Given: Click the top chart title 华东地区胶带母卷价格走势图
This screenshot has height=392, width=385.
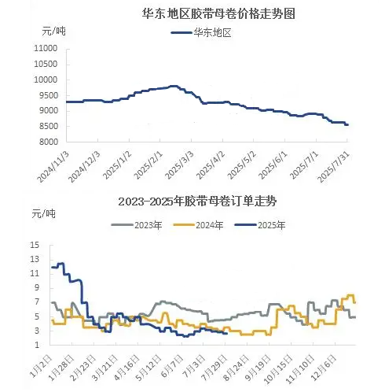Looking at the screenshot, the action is (218, 13).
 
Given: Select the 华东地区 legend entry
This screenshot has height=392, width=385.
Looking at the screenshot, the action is (201, 33).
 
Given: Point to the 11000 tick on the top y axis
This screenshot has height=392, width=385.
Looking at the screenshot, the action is (46, 48).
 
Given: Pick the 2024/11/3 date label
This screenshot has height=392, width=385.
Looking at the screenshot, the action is (53, 167).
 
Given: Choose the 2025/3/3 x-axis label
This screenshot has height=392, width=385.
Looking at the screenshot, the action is (180, 165).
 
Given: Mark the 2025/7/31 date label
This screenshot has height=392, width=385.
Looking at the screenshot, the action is (333, 167).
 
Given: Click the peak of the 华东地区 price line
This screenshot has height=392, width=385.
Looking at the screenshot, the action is (174, 86).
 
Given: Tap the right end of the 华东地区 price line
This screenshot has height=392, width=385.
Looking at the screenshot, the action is (347, 125).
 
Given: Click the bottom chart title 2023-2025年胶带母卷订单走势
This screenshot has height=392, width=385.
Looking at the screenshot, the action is (197, 202).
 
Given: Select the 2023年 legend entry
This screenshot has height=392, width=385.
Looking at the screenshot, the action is (137, 225).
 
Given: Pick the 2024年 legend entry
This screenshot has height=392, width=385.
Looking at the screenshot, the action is (198, 225).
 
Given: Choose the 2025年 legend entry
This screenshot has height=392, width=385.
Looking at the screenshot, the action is (260, 225).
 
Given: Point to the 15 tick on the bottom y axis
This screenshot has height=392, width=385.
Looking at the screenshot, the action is (35, 246).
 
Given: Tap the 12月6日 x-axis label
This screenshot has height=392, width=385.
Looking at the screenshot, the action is (324, 368).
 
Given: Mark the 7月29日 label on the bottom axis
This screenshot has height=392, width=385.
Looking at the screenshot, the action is (214, 368).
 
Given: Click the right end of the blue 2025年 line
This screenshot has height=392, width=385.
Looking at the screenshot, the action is (227, 334).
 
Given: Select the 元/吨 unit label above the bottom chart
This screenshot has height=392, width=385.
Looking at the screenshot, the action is (43, 214).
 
